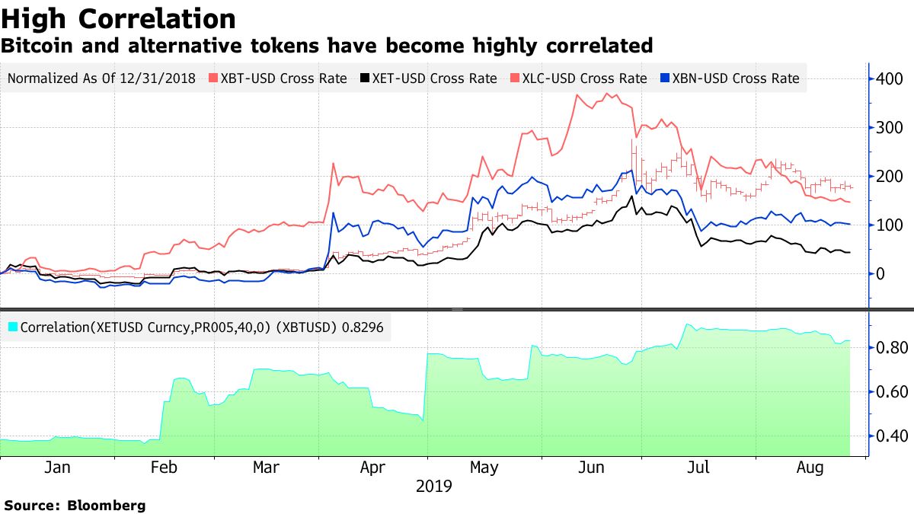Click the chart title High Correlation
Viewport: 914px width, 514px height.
(118, 18)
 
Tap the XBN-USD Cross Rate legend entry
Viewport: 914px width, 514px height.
(736, 78)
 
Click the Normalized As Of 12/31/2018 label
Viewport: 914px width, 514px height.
(101, 78)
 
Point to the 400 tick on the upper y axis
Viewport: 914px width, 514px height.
(890, 79)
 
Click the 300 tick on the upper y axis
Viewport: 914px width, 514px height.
(890, 128)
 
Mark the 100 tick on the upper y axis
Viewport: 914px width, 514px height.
(890, 225)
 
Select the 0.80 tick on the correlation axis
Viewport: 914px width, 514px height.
(890, 348)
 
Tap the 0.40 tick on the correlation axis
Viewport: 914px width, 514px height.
(890, 436)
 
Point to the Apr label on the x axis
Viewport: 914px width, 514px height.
(373, 467)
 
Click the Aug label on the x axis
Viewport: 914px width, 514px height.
(810, 467)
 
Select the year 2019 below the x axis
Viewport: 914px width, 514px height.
(434, 486)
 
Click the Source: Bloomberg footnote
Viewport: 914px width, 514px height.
(75, 505)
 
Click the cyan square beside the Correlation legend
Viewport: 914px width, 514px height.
(12, 327)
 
